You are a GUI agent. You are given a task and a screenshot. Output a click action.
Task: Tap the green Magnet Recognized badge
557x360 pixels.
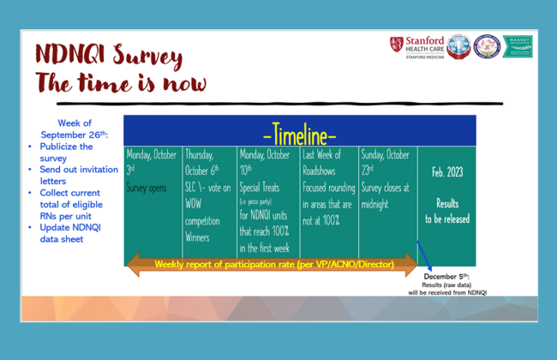point(517,46)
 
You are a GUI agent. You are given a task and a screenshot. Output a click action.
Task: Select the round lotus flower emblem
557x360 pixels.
point(487,46)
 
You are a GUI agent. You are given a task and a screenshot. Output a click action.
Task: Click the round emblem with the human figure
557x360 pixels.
point(458,46)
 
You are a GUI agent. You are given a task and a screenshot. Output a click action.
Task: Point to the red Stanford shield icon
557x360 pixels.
point(396,44)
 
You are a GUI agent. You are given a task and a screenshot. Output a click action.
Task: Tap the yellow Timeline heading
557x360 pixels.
point(299,135)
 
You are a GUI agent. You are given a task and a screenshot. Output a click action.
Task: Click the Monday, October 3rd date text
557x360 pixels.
point(152,162)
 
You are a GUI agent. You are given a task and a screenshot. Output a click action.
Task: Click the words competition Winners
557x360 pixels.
point(204,227)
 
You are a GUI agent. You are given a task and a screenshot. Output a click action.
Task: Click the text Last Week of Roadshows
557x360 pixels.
point(323,162)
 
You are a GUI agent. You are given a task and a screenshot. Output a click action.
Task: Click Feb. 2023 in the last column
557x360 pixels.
point(447,172)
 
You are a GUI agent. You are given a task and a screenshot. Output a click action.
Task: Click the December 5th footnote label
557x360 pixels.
point(446,277)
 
